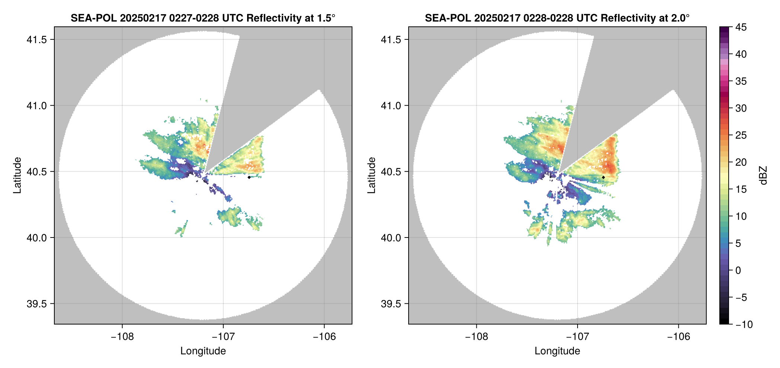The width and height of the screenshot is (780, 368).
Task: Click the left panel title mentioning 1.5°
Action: tap(203, 18)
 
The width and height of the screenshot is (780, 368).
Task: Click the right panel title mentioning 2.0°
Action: tap(557, 18)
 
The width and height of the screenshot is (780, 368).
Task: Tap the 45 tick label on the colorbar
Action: tap(741, 27)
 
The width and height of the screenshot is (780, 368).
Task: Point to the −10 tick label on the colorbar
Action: tap(744, 325)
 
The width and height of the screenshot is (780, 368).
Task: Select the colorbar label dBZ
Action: tap(764, 175)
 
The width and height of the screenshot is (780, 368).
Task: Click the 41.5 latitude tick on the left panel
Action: tap(36, 40)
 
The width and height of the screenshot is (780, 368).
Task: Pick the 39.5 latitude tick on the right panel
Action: tap(391, 304)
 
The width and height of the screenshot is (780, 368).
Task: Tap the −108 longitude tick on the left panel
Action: tap(122, 337)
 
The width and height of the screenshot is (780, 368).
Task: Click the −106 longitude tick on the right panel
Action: tap(678, 337)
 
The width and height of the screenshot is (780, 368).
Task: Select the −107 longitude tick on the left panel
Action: tap(223, 337)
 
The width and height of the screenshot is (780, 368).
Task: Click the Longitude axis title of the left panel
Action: tap(203, 351)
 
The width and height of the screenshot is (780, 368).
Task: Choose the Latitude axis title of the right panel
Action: tap(371, 175)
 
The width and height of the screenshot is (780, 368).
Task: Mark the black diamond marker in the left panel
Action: tap(249, 177)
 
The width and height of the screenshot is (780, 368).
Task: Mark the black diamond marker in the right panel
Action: tap(603, 177)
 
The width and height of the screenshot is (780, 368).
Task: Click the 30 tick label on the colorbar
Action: tap(741, 109)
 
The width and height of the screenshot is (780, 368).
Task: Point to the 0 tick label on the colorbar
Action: tap(738, 271)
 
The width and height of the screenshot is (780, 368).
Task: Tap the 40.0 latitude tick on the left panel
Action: tap(36, 238)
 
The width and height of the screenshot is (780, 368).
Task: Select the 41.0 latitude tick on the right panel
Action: tap(391, 106)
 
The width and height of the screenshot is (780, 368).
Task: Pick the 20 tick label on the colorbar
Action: tap(741, 162)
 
